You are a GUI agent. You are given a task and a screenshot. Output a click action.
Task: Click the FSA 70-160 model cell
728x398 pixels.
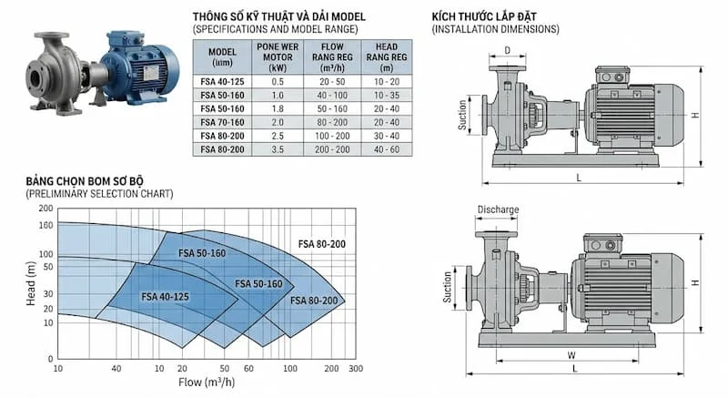point(222,121)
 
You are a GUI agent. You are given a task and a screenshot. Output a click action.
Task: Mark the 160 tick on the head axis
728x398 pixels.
point(46,224)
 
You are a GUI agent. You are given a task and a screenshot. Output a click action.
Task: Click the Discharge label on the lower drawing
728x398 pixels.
point(497,209)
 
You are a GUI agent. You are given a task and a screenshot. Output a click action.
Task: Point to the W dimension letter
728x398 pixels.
point(570,356)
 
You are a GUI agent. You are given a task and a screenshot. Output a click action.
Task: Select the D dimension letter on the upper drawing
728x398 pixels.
point(507,51)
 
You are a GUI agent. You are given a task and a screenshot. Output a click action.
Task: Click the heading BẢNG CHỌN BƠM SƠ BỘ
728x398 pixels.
point(92,182)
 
